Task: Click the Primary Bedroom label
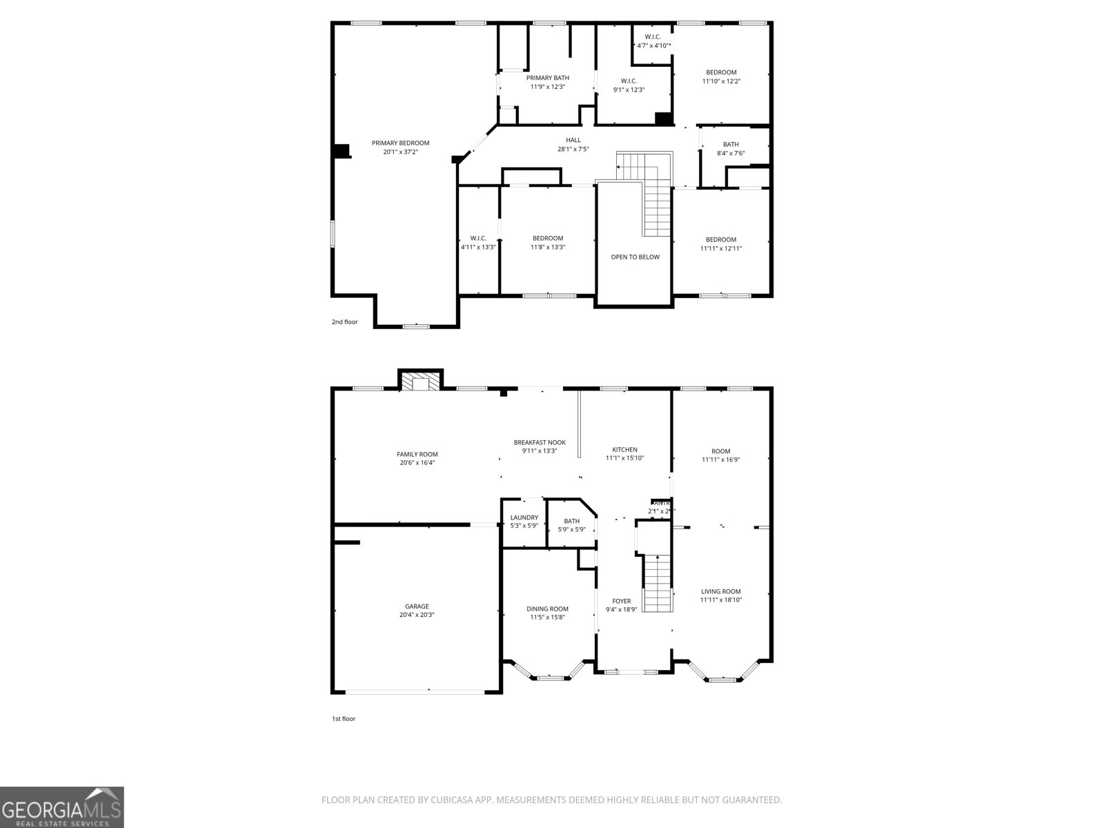click(400, 144)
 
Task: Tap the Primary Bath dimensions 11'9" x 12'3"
click(548, 87)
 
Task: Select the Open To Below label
click(635, 257)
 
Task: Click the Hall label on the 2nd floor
click(573, 140)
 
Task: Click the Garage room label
click(417, 607)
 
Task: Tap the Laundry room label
click(524, 517)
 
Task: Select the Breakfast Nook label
click(540, 442)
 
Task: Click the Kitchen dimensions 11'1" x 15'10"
click(624, 458)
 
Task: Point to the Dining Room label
click(547, 609)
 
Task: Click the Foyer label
click(622, 601)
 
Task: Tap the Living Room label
click(720, 591)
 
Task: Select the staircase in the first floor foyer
click(658, 583)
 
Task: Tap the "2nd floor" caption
click(344, 322)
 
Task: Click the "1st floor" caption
click(343, 719)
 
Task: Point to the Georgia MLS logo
click(61, 807)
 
